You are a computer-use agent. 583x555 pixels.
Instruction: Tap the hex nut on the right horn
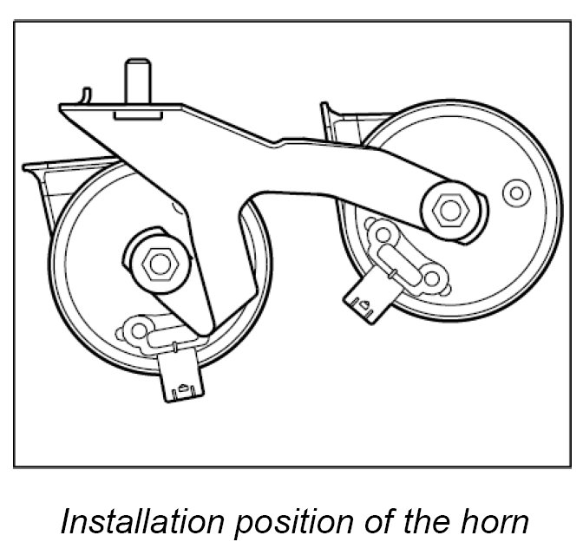tap(449, 209)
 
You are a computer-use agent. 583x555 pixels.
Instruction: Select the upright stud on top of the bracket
tap(135, 81)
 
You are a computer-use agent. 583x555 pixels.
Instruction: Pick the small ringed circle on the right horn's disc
tap(516, 193)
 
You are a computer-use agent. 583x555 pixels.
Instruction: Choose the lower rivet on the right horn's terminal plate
tap(431, 278)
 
